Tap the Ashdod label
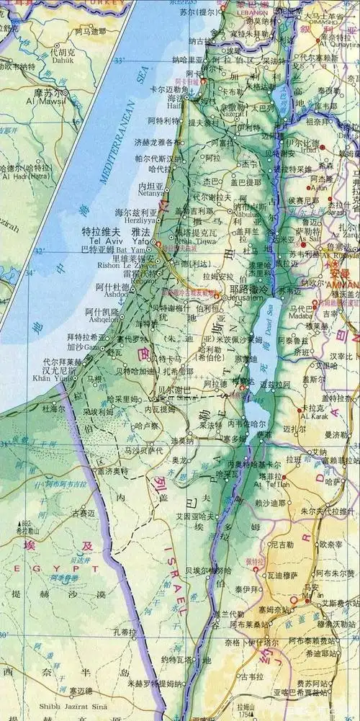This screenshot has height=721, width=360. pos(113,294)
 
